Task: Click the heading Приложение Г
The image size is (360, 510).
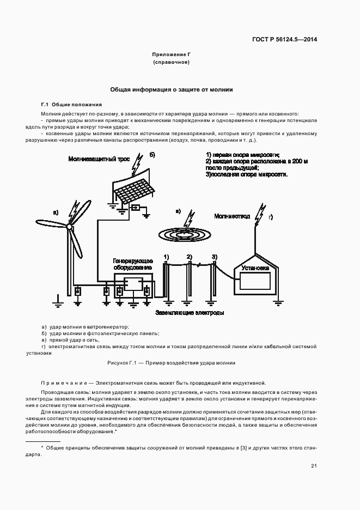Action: point(171,55)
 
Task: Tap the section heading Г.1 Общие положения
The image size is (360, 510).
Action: point(71,105)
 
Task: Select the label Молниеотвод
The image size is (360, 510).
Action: point(232,216)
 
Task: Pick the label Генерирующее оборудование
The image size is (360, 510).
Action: point(129,264)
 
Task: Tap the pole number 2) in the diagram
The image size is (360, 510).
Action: point(190,257)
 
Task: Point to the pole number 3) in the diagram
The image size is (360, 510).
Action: point(215,257)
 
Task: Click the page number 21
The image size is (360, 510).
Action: point(314,465)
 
